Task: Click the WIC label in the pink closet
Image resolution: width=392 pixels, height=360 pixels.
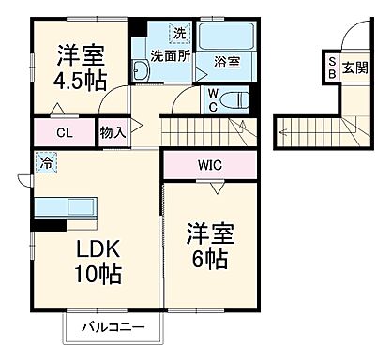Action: [210, 165]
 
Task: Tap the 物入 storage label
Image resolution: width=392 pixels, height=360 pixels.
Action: [113, 133]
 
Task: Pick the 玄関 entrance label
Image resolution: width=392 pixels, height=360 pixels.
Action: [354, 67]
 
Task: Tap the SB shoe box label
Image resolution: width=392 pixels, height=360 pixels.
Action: [332, 67]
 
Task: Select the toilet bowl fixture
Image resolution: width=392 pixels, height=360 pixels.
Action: [235, 99]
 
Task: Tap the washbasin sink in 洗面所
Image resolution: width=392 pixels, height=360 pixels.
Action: [141, 71]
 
